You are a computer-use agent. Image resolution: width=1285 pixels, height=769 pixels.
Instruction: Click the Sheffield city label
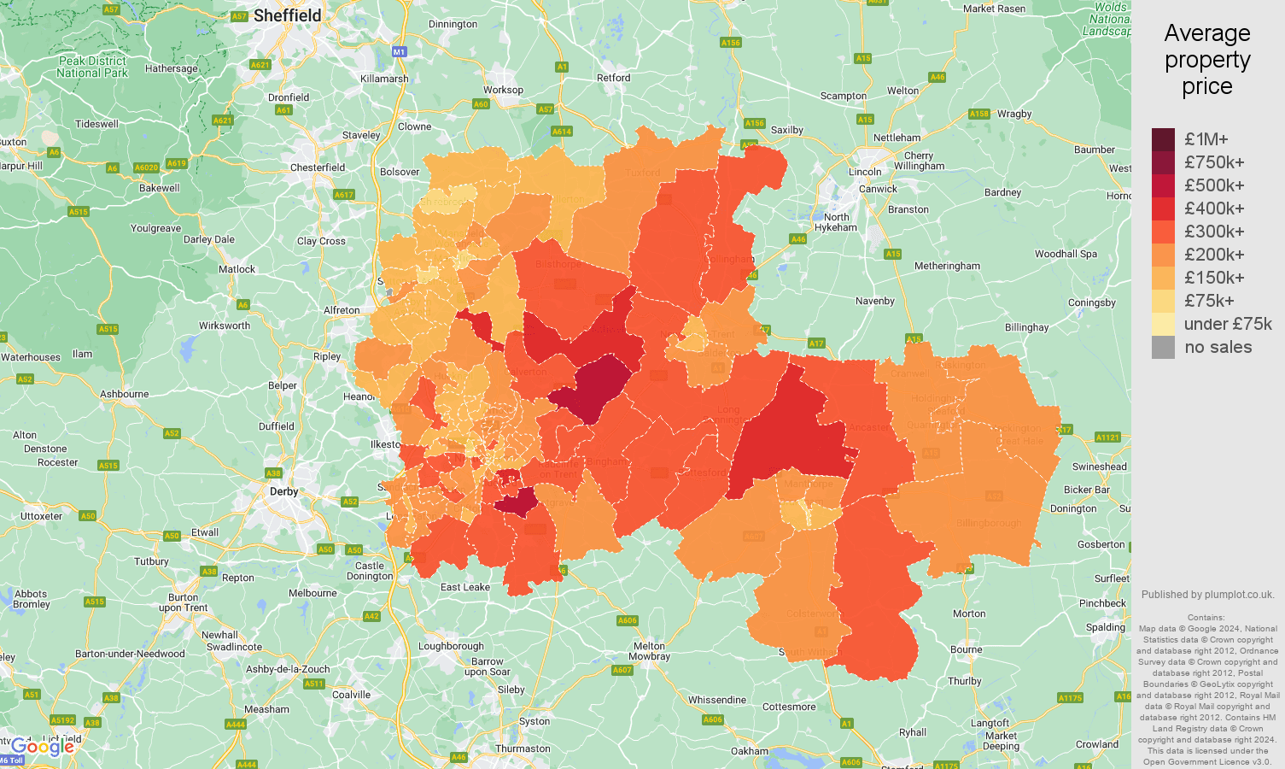(x=287, y=15)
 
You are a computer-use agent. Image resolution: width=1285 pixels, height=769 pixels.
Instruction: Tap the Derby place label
(x=283, y=491)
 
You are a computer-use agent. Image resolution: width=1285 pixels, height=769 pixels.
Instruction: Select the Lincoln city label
(x=865, y=172)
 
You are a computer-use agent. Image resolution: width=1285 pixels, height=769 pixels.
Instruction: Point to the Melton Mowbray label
(x=649, y=651)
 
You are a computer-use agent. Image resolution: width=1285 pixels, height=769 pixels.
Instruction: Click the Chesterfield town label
(x=318, y=167)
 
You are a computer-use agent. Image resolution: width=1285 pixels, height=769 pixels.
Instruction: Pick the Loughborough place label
(x=451, y=646)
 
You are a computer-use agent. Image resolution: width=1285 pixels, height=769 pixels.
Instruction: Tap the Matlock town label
(x=237, y=269)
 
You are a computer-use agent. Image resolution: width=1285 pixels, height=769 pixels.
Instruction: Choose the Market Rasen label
(x=994, y=9)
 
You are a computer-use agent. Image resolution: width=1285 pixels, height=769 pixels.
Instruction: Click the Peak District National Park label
(x=92, y=67)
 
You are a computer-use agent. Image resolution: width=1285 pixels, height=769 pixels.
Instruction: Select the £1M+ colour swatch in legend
(x=1163, y=139)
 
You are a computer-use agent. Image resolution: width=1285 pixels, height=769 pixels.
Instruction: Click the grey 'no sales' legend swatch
(x=1163, y=347)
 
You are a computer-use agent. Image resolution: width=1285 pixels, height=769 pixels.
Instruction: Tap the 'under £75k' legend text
(x=1227, y=324)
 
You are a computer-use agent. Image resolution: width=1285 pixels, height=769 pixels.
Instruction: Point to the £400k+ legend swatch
(x=1163, y=208)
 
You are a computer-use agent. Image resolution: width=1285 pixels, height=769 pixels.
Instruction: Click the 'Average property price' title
(x=1206, y=60)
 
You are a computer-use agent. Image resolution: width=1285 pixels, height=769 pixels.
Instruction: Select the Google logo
(x=43, y=747)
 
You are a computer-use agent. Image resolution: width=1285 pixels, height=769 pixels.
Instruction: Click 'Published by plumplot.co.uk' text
(x=1207, y=595)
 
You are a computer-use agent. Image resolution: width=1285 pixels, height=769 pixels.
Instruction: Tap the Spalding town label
(x=1105, y=627)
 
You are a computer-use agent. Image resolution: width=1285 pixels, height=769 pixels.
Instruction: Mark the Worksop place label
(x=503, y=90)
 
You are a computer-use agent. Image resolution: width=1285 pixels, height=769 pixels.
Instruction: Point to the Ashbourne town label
(x=125, y=394)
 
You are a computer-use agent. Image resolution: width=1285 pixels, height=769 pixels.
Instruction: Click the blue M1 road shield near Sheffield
(x=399, y=52)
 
